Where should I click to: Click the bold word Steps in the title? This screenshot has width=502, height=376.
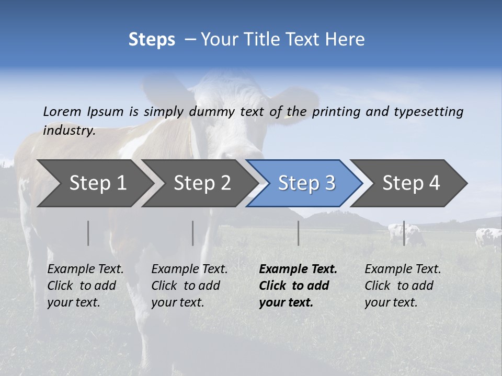pos(152,40)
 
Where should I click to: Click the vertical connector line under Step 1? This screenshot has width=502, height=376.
pos(88,233)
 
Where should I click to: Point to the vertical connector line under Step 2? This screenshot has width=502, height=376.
pos(193,233)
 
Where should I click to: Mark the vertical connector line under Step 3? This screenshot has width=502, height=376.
pos(298,233)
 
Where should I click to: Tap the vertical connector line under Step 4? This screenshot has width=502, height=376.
pos(404,233)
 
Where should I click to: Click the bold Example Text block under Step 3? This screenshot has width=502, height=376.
pos(298,286)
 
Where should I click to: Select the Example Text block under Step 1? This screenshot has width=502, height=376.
pos(85,286)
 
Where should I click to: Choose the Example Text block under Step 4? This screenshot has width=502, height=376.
pos(403,286)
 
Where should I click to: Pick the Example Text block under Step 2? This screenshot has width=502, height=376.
pos(189,286)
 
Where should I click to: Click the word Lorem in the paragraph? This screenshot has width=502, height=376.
pos(62,111)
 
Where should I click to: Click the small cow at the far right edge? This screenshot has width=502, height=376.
pos(488,238)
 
